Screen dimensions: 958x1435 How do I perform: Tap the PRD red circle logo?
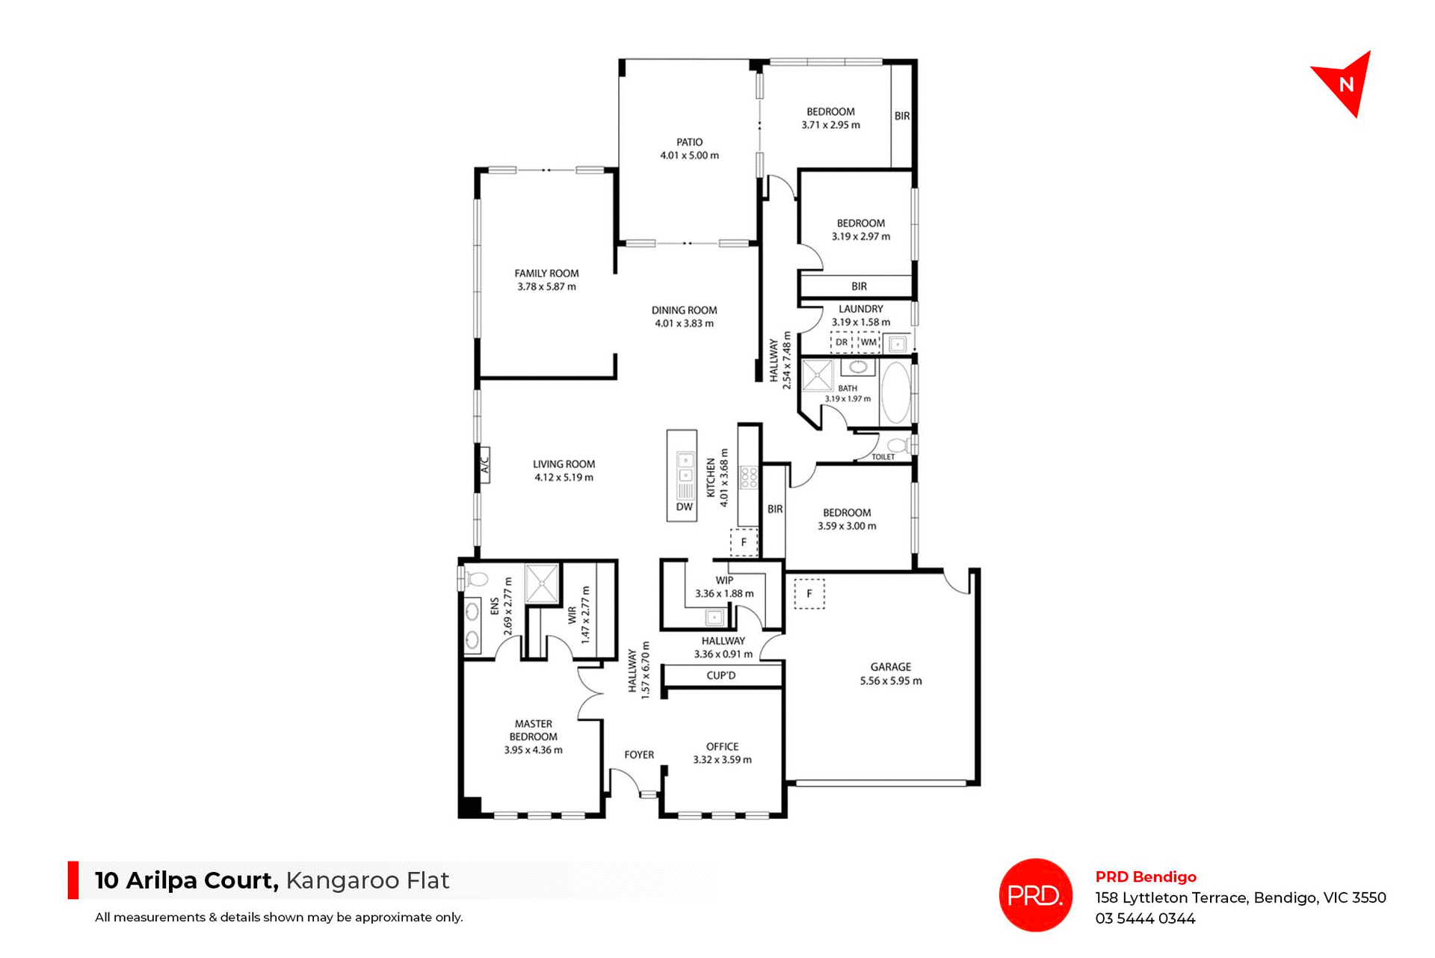click(x=1035, y=894)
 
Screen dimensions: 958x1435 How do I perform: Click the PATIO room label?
click(x=689, y=142)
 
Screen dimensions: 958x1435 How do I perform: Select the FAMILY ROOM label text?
click(x=546, y=274)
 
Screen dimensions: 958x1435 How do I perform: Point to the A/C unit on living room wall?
click(x=484, y=464)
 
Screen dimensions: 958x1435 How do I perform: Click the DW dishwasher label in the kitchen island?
click(x=684, y=507)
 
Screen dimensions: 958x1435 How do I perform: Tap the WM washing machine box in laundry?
click(x=868, y=343)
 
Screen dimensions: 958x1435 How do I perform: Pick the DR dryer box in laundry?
click(x=842, y=343)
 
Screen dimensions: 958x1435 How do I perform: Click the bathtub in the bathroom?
click(x=896, y=393)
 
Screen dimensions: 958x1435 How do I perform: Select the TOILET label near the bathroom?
click(x=883, y=457)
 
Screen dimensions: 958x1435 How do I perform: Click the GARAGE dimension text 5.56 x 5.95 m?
click(x=890, y=681)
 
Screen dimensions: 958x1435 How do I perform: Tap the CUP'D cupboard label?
click(x=721, y=675)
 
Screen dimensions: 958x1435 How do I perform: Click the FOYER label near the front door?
click(x=639, y=755)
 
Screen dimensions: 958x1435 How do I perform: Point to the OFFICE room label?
click(x=722, y=746)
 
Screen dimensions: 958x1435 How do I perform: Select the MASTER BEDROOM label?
click(x=533, y=730)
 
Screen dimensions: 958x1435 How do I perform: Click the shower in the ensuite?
click(x=541, y=583)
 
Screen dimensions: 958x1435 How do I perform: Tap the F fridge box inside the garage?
click(x=809, y=594)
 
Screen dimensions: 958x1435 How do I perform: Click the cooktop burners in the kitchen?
click(x=748, y=478)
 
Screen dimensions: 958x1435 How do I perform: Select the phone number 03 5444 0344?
click(x=1145, y=918)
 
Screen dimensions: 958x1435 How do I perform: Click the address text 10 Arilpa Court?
click(x=186, y=880)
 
